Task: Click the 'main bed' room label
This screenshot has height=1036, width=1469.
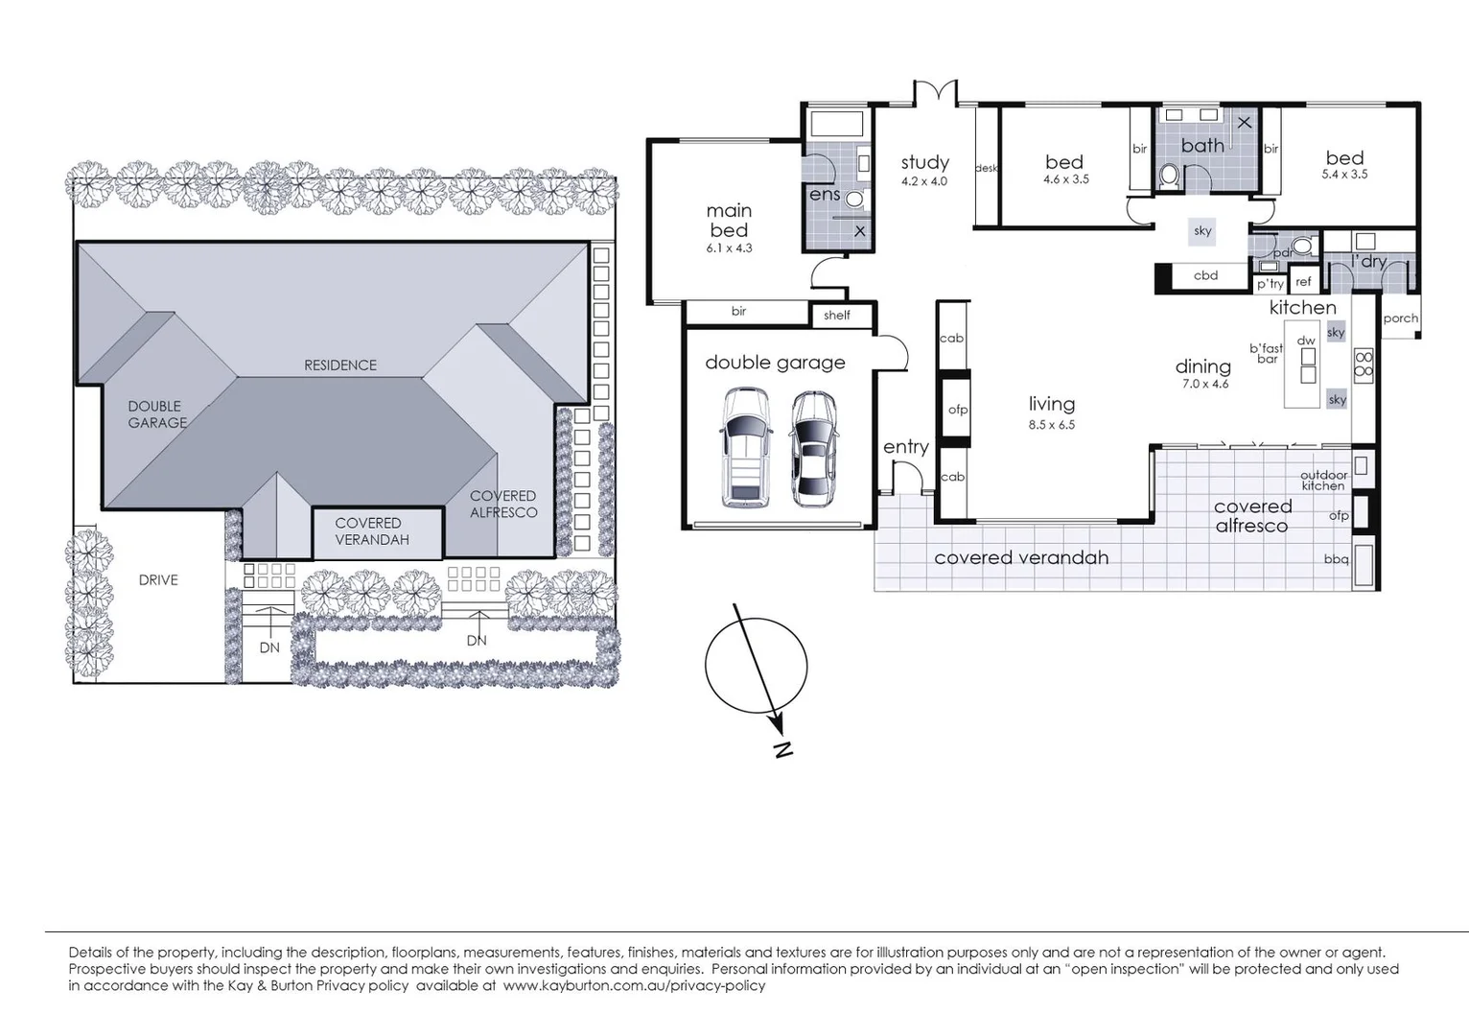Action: (729, 221)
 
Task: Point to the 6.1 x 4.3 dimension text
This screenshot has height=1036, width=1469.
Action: (729, 247)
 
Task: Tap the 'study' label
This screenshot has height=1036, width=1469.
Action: (924, 162)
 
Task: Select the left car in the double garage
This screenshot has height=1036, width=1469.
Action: (745, 446)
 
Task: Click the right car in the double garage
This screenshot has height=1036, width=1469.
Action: (813, 448)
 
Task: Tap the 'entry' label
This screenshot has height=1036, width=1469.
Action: (905, 447)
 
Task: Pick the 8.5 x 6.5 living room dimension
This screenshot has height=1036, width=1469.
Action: (1052, 425)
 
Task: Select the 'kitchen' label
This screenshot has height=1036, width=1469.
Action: (1302, 308)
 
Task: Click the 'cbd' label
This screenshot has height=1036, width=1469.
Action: (1205, 275)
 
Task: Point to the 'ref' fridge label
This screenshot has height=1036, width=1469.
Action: (1303, 282)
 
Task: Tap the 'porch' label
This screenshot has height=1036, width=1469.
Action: (1400, 318)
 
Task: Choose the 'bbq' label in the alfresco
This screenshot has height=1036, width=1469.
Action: (1336, 558)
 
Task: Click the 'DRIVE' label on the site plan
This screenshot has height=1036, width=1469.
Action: (158, 579)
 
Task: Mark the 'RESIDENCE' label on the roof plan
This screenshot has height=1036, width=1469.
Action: (339, 365)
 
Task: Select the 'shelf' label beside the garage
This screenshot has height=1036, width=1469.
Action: (836, 315)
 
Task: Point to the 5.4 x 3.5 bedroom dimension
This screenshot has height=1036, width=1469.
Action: (1344, 175)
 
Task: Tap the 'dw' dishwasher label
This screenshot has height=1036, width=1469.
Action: (1305, 341)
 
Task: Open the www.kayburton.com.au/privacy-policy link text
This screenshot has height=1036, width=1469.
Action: (634, 985)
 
